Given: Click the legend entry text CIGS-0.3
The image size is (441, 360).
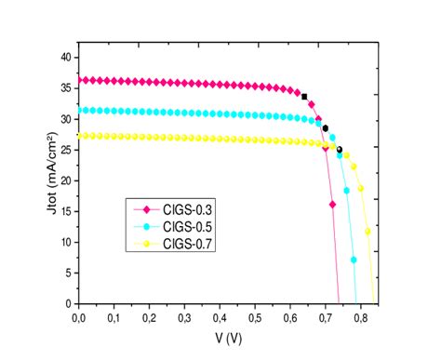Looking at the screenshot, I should pos(191,212).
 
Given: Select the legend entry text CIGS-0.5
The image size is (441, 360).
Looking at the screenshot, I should pos(191,228).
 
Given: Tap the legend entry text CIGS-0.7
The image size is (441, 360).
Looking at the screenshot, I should pos(191,244).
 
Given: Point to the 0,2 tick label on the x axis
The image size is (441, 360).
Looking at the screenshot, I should pos(149,317).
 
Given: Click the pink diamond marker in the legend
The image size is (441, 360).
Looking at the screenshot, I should pos(145,212).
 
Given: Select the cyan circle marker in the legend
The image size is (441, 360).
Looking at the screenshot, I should pos(145,228).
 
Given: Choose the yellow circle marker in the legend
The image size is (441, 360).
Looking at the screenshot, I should pos(145,244).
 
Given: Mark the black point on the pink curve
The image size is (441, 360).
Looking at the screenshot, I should pos(304,96).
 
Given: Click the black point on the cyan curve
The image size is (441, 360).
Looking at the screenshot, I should pos(325,128).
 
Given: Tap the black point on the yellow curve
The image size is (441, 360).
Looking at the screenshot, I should pos(339,150).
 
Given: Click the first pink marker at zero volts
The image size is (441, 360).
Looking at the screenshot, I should pos(80,80).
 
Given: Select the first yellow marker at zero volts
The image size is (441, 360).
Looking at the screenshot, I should pos(80,136).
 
